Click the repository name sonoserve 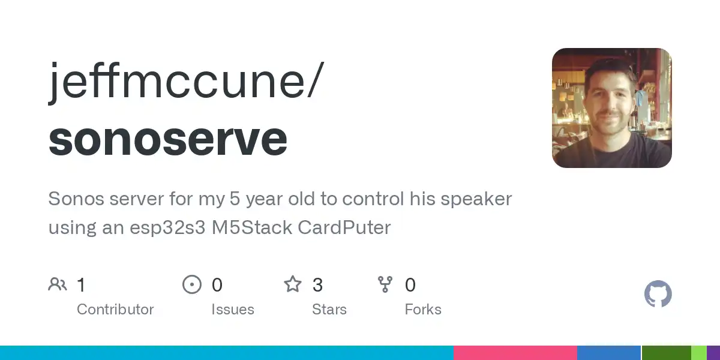coord(168,140)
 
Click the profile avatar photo coord(611,107)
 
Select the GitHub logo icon coord(658,293)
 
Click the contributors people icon coord(58,284)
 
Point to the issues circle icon coord(192,284)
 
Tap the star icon coord(293,284)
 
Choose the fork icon coord(385,284)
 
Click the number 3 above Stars coord(317,285)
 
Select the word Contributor coord(115,310)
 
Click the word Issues coord(233,310)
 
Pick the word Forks coord(423,310)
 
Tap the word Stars coord(329,310)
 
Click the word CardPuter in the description coord(344,227)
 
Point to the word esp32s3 coord(167,228)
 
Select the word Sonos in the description coord(76,199)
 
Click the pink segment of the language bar coord(515,353)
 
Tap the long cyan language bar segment coord(227,353)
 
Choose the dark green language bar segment coord(667,353)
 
